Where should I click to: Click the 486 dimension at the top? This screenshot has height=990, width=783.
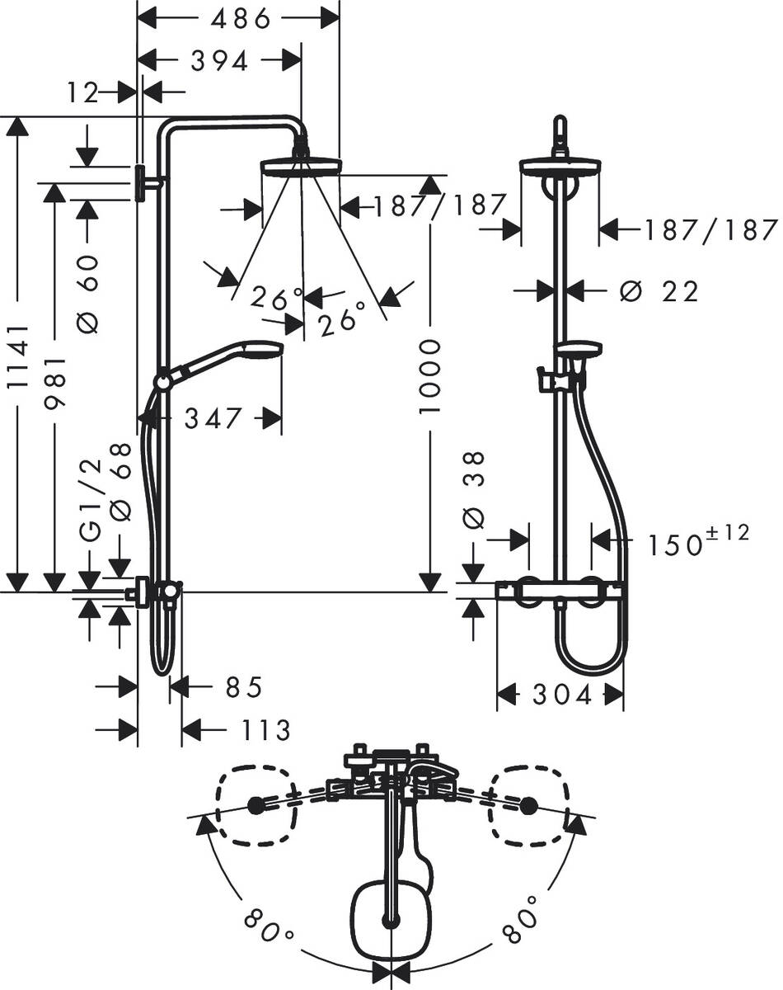pyautogui.click(x=240, y=18)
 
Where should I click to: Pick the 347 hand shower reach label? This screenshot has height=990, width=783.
pyautogui.click(x=213, y=418)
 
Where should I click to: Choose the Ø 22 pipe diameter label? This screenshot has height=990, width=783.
pyautogui.click(x=659, y=290)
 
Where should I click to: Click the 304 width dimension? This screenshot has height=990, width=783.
pyautogui.click(x=561, y=695)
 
